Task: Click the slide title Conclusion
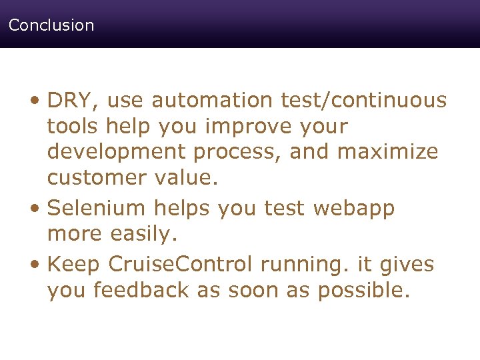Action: click(51, 25)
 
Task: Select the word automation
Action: click(211, 101)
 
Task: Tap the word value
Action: click(190, 178)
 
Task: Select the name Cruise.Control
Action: click(180, 265)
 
